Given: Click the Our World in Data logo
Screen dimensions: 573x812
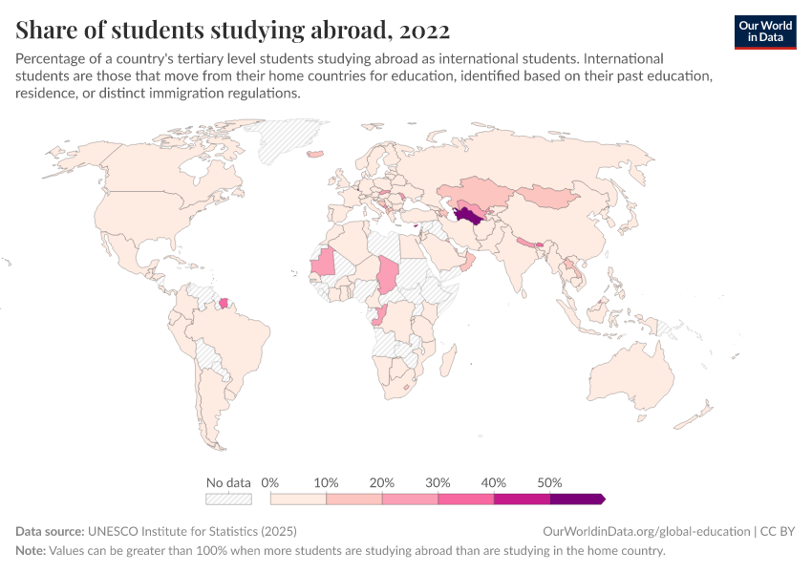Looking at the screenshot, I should pyautogui.click(x=765, y=32).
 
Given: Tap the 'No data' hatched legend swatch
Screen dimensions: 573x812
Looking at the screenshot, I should pyautogui.click(x=228, y=499).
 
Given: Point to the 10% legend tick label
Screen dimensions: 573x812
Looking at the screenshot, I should pyautogui.click(x=326, y=482).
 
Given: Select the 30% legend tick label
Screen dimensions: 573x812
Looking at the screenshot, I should pyautogui.click(x=438, y=482).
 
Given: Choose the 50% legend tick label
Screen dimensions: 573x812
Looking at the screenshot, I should pyautogui.click(x=549, y=482).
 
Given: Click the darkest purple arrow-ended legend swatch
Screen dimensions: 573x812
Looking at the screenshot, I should pyautogui.click(x=576, y=499).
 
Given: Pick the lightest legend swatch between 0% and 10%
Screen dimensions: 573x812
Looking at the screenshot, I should pyautogui.click(x=298, y=499).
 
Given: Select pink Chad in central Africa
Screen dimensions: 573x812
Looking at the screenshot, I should pyautogui.click(x=390, y=274).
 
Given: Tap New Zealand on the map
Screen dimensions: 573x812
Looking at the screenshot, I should pyautogui.click(x=704, y=413).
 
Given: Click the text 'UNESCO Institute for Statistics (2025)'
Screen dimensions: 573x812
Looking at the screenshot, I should pyautogui.click(x=192, y=531).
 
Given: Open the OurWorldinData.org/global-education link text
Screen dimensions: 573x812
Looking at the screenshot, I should pyautogui.click(x=646, y=531).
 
